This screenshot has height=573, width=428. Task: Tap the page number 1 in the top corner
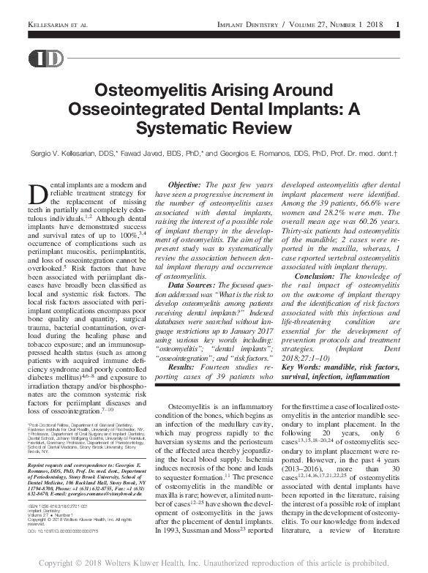click(x=397, y=26)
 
